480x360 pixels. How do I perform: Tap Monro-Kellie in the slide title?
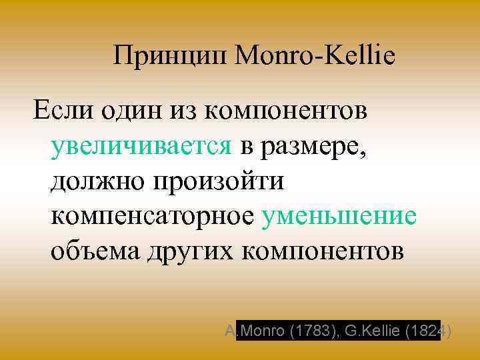click(314, 56)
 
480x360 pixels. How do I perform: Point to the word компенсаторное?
click(153, 217)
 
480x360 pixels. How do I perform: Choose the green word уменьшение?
click(340, 217)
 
